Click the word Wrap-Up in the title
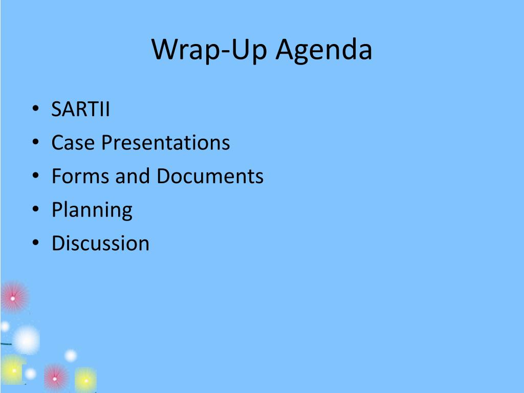209,50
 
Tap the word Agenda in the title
324,50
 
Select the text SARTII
80,109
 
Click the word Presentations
166,143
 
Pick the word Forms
80,176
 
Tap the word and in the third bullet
133,176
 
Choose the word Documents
210,176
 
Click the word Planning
92,210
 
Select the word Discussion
101,243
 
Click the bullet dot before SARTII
36,108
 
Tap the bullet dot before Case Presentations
36,142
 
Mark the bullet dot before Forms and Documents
36,175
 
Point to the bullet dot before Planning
36,209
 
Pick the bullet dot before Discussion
36,242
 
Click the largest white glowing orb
26,340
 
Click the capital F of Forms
57,176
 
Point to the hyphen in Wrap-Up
225,52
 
